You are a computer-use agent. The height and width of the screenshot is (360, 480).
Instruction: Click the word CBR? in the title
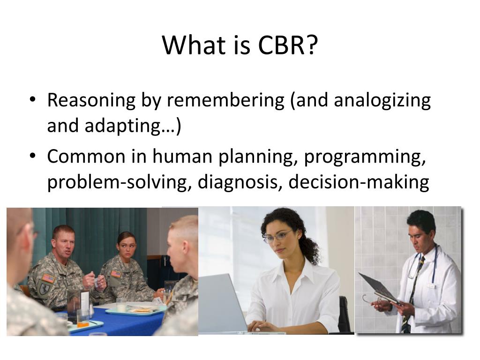288,45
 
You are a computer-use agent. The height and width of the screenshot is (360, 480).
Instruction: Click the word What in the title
194,45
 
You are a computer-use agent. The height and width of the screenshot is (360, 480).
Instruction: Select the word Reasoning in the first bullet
91,101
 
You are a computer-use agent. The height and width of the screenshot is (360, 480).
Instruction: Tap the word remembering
225,100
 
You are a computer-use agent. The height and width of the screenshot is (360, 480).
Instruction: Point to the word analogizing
382,101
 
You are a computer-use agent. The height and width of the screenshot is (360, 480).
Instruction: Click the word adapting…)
133,126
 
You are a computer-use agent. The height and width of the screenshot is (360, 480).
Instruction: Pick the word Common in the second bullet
86,156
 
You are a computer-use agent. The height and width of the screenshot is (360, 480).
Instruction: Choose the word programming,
365,157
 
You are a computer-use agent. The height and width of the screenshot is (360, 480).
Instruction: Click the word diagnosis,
240,182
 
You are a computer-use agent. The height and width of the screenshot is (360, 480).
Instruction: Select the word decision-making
359,182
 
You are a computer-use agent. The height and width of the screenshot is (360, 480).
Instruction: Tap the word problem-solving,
120,182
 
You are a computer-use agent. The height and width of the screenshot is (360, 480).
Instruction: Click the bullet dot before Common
33,156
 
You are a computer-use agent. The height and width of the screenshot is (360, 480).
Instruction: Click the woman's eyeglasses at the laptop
277,236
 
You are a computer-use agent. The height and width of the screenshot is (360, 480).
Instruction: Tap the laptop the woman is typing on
224,303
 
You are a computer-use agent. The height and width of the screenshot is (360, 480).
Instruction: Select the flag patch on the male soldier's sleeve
49,278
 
